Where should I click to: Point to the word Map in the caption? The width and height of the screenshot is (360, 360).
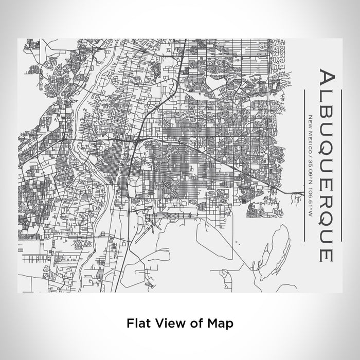(219, 323)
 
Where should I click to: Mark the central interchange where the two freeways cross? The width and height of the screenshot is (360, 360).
(138, 138)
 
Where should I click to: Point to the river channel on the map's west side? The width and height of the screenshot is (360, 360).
(77, 154)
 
